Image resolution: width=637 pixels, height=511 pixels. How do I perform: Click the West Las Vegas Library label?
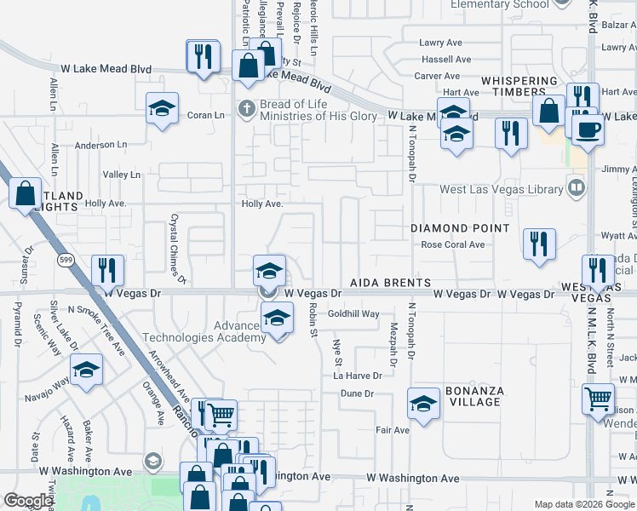[x=502, y=189]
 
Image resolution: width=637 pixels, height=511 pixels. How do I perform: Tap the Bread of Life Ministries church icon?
[x=247, y=108]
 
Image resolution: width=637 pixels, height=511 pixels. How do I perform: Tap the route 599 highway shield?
[x=64, y=258]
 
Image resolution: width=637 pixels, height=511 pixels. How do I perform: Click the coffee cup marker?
[x=587, y=129]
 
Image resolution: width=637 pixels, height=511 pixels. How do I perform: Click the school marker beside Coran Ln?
[x=162, y=108]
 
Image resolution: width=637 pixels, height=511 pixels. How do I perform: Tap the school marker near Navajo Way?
[x=86, y=370]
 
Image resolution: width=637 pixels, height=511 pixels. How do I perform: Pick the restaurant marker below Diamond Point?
[x=539, y=243]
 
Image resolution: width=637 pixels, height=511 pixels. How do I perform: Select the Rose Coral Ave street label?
[x=453, y=244]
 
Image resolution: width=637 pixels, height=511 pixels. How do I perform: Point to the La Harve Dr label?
[x=357, y=376]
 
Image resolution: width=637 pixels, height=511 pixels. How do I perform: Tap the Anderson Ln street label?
[x=100, y=145]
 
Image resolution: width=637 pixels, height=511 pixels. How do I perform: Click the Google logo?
[x=28, y=501]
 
